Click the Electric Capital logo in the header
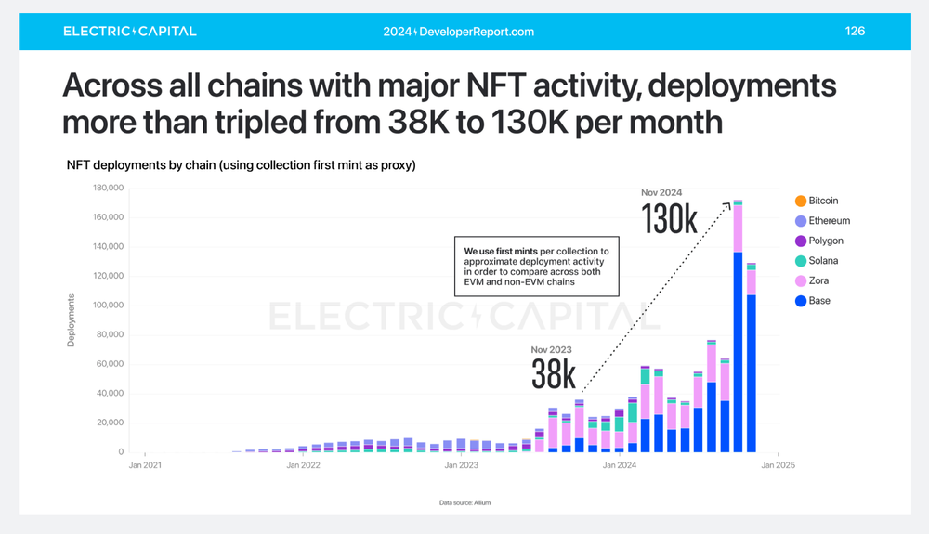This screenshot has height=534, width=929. pos(129,32)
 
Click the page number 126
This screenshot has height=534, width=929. pos(855,32)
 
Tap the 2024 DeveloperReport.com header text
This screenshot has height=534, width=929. pos(458,32)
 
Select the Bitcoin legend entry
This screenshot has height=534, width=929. pos(822,201)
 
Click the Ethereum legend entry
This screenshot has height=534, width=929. pos(828,221)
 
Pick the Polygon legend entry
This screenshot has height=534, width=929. pos(825,241)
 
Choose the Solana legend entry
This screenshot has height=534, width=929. pos(822,261)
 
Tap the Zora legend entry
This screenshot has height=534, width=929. pos(818,281)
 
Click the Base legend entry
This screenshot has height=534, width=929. pos(818,301)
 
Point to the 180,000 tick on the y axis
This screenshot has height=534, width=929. pos(109,188)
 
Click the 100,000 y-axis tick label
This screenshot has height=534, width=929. pos(109,306)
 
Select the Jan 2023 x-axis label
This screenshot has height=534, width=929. pos(462,465)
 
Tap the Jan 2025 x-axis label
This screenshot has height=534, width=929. pos(778,465)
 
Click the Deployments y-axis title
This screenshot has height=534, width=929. pos(71,321)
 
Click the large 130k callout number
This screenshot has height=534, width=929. pos(669,219)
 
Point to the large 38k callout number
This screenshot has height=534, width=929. pos(554,375)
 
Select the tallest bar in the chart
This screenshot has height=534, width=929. pos(738,326)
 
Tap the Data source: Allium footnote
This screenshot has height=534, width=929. pos(464,502)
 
